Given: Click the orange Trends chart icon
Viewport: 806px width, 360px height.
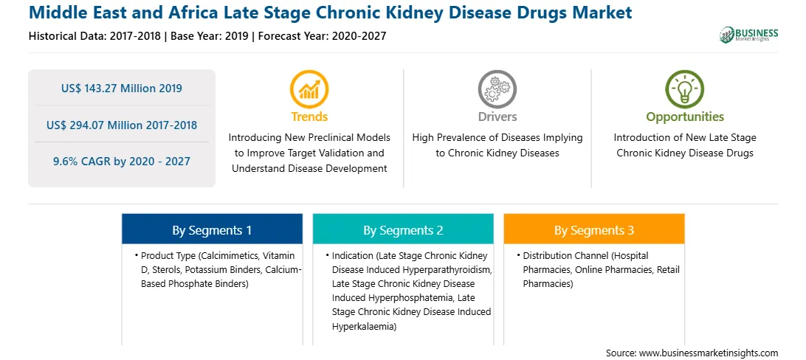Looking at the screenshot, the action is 309,89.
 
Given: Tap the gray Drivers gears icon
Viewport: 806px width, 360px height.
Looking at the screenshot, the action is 497,89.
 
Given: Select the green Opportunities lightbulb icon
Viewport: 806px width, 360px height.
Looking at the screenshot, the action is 685,89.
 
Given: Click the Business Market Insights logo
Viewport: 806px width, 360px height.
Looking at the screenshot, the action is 748,35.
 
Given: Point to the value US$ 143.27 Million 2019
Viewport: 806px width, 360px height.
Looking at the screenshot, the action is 121,89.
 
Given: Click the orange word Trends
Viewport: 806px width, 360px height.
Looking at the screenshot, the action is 309,117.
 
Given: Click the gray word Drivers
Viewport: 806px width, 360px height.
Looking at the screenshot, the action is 497,117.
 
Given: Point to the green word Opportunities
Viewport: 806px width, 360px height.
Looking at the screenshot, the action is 685,117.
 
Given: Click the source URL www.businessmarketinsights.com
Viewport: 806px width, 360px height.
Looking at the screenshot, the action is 709,353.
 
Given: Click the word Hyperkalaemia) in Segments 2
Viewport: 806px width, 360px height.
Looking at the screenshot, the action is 365,326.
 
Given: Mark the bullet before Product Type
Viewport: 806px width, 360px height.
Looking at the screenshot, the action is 137,255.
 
